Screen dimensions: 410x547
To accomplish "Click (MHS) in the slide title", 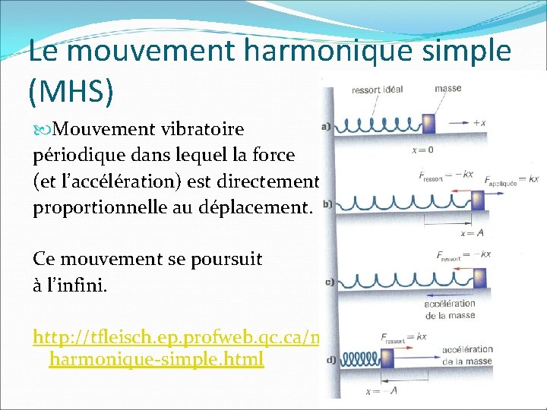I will coord(71,92).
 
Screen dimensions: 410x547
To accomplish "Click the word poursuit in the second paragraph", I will coord(227,258).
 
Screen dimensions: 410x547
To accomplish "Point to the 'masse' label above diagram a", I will coord(447,88).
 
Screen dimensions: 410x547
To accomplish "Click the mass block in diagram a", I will coord(428,122).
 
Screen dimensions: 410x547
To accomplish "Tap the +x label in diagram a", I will coord(479,122).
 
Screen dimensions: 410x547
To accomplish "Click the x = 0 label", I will coord(422,150).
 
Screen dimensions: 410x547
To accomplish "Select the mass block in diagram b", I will coord(477,200).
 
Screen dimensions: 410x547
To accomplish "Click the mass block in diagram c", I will coord(482,276).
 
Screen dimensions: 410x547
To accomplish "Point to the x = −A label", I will coord(382,390).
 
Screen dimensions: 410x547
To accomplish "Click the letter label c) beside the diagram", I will coord(330,282).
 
